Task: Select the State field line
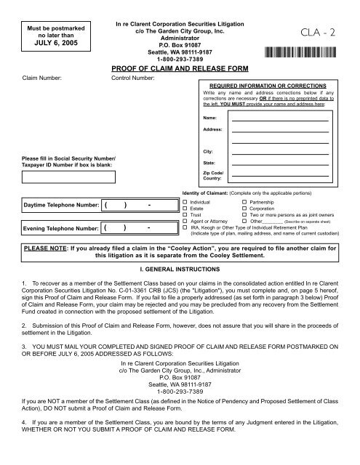280,166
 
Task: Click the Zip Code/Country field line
280,182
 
